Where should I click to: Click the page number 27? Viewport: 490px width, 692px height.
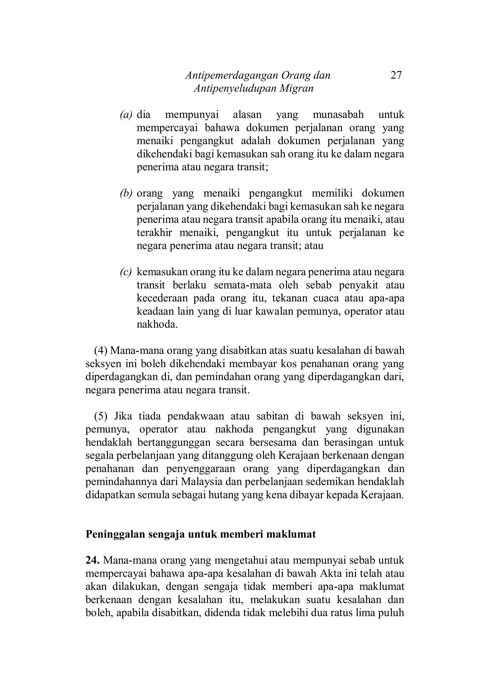pyautogui.click(x=396, y=75)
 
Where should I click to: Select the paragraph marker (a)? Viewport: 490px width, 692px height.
pyautogui.click(x=126, y=115)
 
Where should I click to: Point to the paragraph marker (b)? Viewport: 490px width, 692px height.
pyautogui.click(x=126, y=193)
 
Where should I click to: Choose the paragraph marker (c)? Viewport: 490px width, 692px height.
pyautogui.click(x=126, y=272)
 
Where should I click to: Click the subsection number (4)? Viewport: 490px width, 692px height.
pyautogui.click(x=101, y=351)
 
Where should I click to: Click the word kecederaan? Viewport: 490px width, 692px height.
pyautogui.click(x=162, y=298)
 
